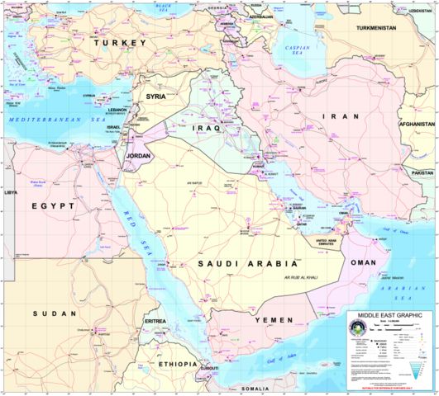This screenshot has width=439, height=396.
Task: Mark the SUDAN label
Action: tap(55, 314)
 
